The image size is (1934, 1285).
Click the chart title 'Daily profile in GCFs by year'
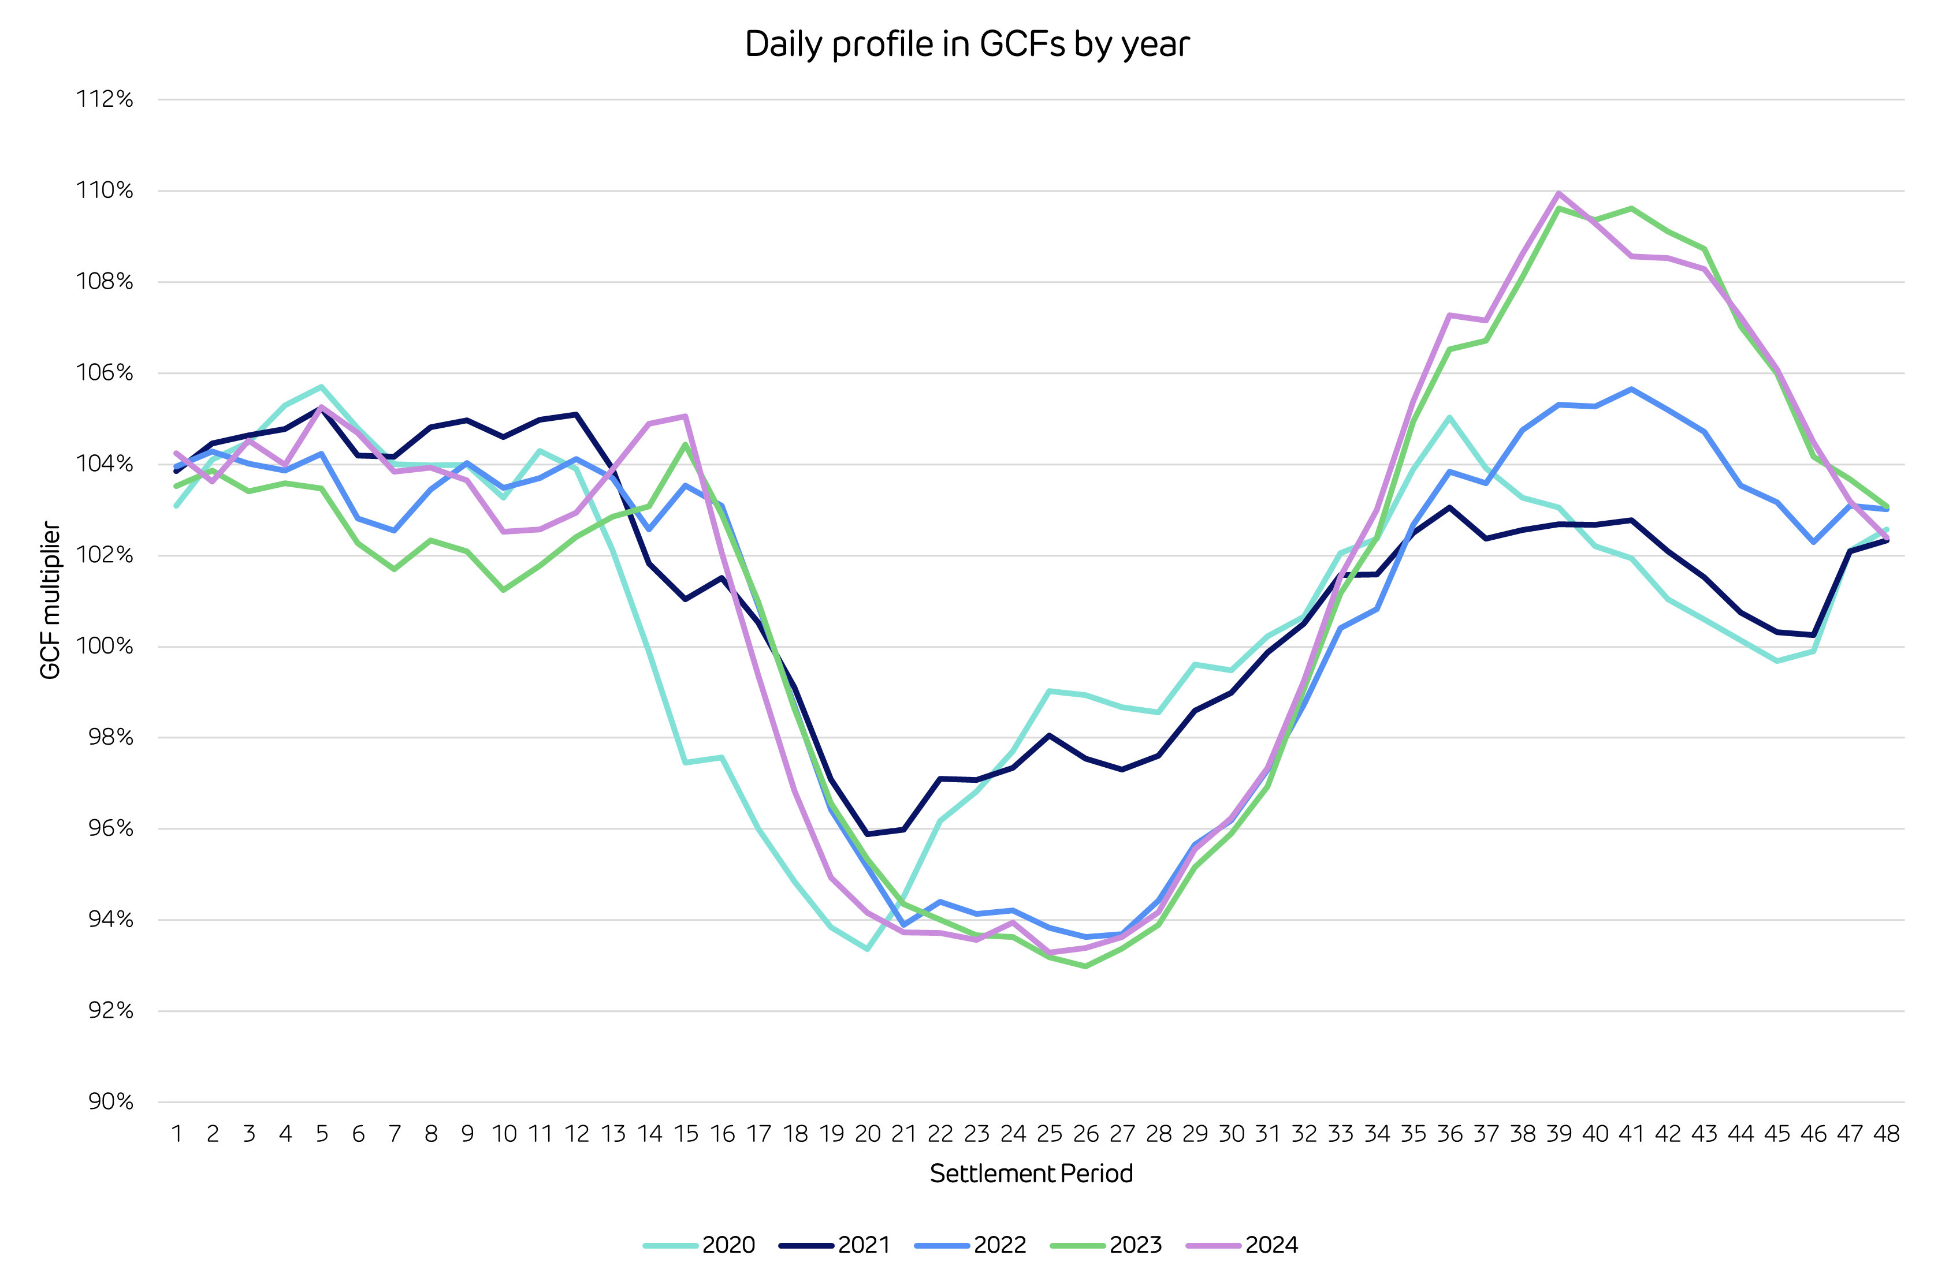pos(966,44)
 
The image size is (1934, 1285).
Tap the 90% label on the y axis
pos(110,1101)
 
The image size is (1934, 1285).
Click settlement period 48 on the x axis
pos(1885,1134)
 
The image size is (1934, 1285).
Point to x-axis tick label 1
pos(176,1134)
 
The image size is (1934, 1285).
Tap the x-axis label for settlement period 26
pos(1085,1134)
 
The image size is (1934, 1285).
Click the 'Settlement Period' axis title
pos(1031,1174)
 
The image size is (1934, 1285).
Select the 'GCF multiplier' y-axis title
pos(51,600)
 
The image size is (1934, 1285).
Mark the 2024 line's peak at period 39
pos(1559,193)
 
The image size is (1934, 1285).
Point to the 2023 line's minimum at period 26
pos(1085,966)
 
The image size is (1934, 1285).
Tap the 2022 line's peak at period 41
pos(1631,389)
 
